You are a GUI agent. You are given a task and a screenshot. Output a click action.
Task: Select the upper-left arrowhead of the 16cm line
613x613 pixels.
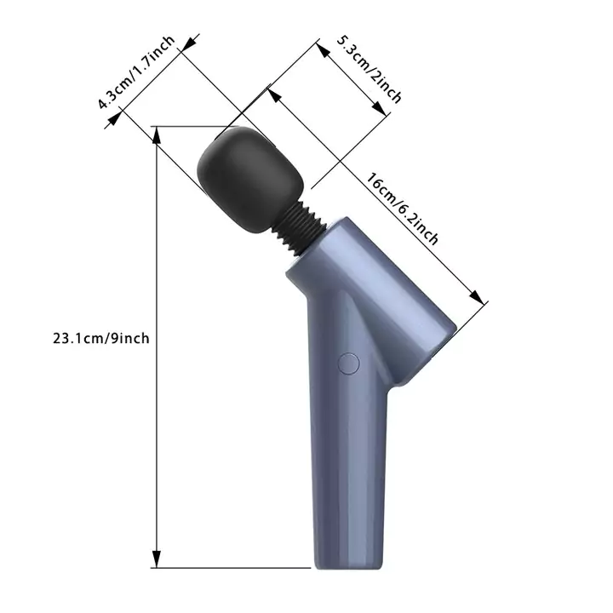[274, 92]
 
